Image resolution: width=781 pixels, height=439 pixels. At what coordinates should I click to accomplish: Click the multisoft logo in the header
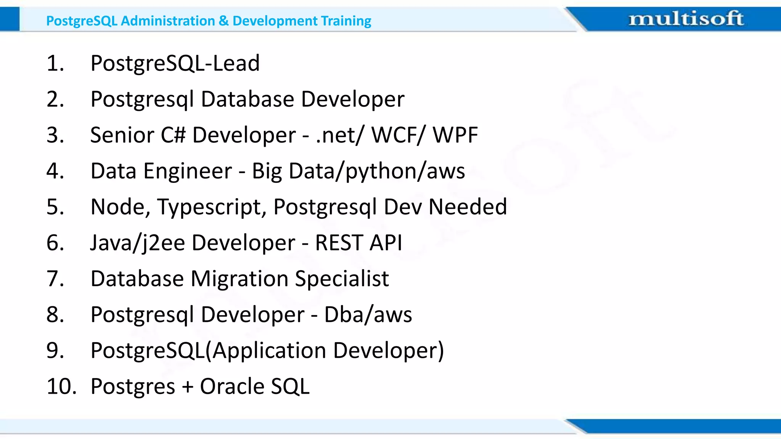[686, 19]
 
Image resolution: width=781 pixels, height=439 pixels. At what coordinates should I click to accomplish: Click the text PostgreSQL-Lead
[175, 63]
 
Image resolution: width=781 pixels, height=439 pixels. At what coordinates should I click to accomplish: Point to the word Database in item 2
[247, 99]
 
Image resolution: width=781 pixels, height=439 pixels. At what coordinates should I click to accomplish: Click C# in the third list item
[173, 135]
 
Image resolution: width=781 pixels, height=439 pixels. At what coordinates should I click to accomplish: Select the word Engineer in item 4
[188, 171]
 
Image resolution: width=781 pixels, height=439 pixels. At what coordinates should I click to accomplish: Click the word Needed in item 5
[468, 207]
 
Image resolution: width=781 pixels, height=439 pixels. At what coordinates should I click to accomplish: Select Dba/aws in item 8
[368, 315]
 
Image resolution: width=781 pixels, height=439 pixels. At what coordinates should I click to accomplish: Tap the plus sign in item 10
[187, 387]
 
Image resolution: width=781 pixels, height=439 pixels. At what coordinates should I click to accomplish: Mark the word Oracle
[232, 386]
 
